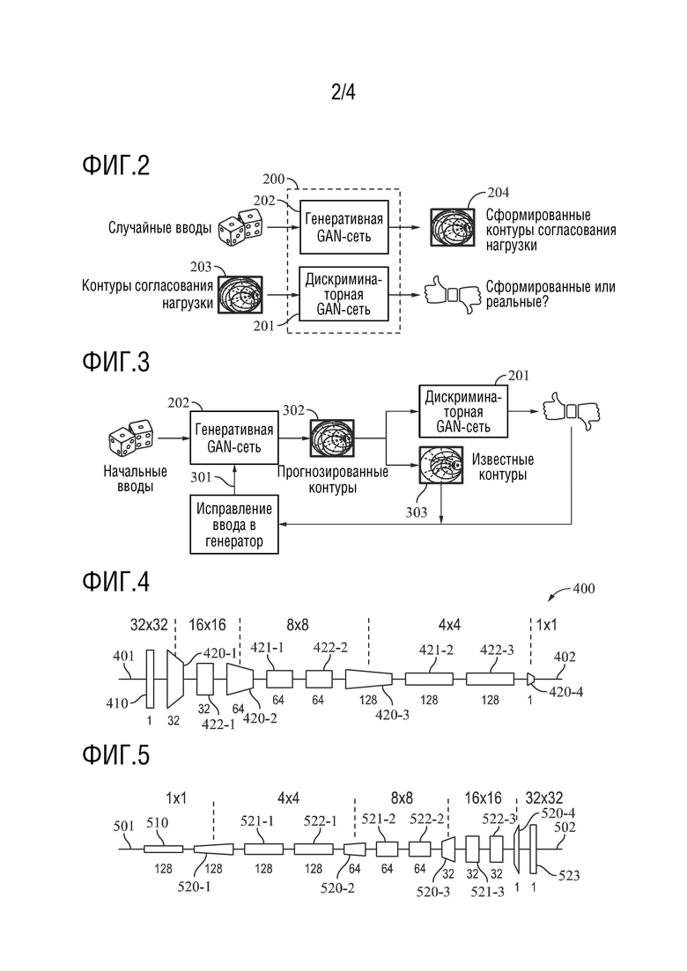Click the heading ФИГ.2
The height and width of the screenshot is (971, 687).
(x=116, y=166)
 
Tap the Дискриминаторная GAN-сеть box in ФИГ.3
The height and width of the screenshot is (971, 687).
(x=463, y=411)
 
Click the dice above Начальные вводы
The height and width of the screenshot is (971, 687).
(x=131, y=438)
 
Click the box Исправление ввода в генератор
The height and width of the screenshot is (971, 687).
(x=234, y=524)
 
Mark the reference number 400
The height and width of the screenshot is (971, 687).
(x=583, y=588)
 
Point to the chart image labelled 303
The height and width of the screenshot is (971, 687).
(x=441, y=468)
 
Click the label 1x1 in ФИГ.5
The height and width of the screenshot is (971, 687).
(x=176, y=798)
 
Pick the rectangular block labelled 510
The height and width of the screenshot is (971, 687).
(x=163, y=849)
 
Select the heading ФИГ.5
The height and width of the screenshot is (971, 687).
(x=116, y=754)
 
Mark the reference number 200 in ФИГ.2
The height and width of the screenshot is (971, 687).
(x=273, y=180)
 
